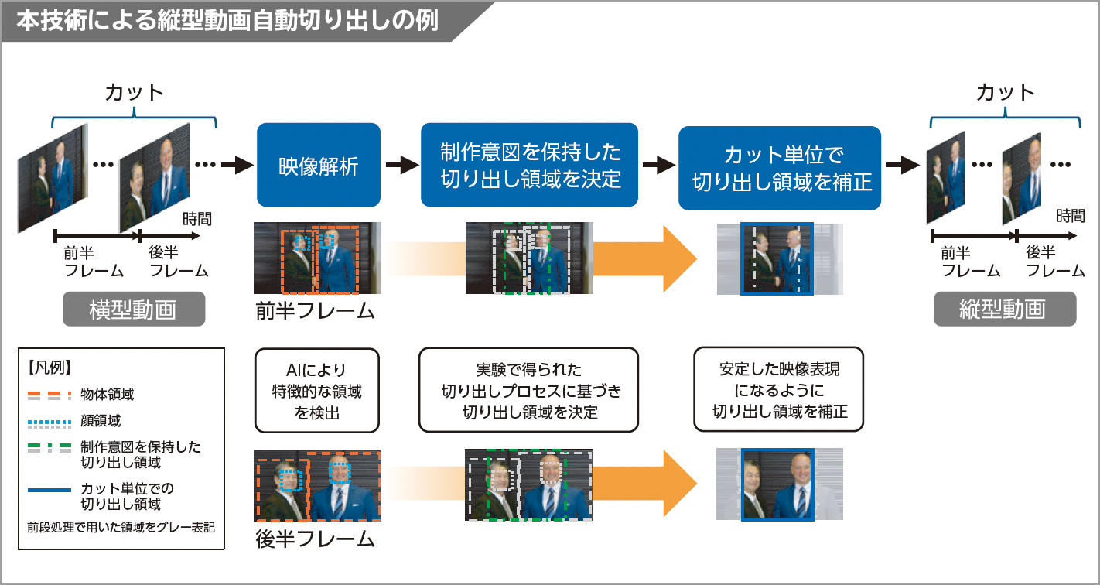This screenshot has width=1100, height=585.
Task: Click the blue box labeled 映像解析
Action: (318, 165)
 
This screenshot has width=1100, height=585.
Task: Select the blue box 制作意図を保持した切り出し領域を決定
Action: (530, 165)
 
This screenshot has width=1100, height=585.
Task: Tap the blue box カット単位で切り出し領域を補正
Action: (780, 168)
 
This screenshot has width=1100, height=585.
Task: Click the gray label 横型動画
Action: (134, 309)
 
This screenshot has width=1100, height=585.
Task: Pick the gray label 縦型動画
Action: (1004, 309)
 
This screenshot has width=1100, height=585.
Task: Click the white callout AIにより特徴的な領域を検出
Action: (317, 391)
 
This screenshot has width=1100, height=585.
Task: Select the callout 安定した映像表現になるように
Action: (779, 389)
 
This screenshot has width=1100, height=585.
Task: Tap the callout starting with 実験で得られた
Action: (529, 391)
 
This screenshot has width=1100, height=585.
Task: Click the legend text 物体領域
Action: (108, 395)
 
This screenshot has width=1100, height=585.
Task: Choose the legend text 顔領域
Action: (101, 421)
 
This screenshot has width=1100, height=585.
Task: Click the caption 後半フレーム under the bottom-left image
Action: (315, 539)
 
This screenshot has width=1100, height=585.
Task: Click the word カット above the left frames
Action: (134, 93)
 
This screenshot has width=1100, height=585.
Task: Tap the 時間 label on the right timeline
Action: (1070, 217)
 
